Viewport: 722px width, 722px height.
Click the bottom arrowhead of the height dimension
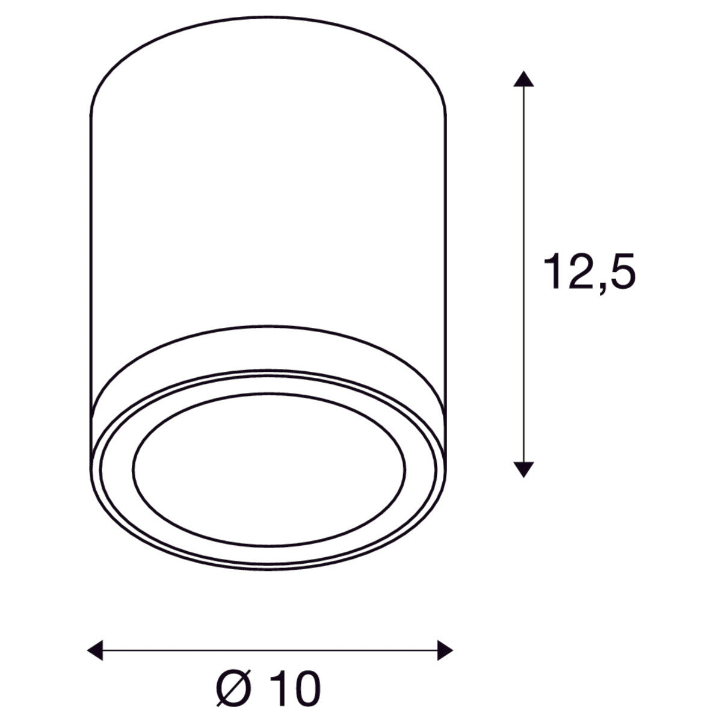tap(525, 469)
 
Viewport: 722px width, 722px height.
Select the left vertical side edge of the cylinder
tap(90, 241)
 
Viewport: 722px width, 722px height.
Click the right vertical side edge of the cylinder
tap(446, 241)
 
